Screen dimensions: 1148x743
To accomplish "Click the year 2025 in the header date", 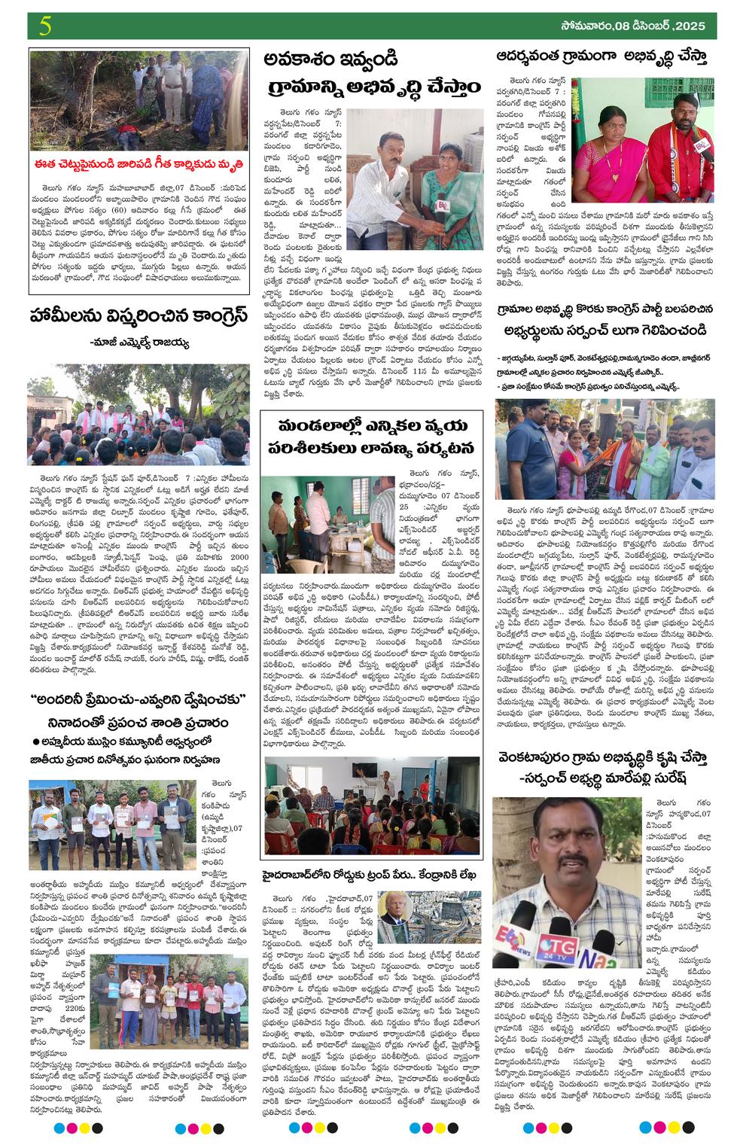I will [690, 26].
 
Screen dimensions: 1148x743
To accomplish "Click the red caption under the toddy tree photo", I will [139, 162].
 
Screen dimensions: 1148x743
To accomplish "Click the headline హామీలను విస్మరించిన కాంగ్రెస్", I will [139, 315].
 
